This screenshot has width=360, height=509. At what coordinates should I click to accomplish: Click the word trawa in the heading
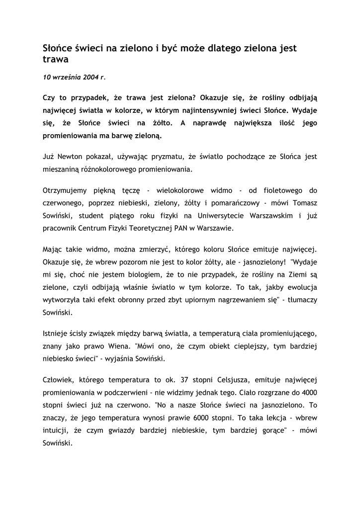[x=55, y=60]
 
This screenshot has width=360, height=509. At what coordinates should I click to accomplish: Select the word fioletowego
[x=280, y=190]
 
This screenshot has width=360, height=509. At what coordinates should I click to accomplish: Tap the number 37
[x=171, y=380]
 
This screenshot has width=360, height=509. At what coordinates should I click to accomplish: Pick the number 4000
[x=307, y=393]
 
